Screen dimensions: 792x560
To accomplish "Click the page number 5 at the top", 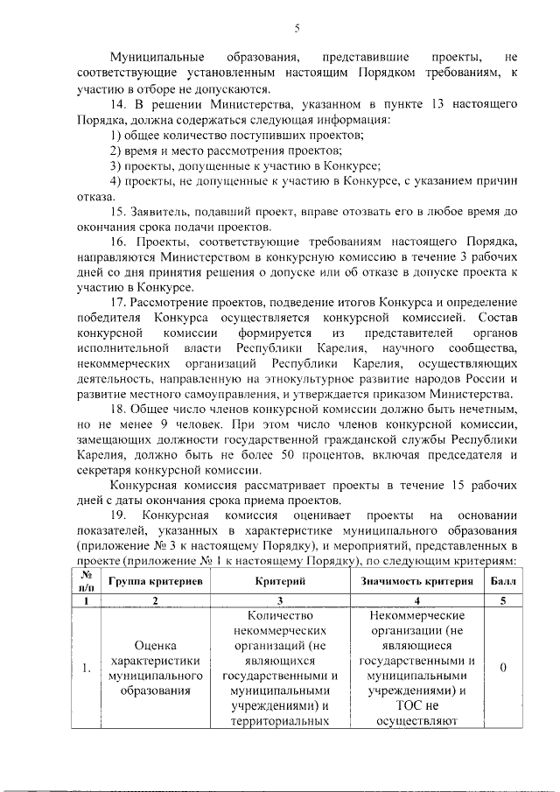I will pos(297,28).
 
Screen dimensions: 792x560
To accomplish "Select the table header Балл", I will pos(503,582).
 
